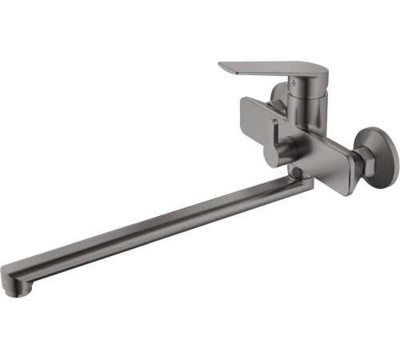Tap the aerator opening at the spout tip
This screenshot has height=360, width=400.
(x=16, y=293)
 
